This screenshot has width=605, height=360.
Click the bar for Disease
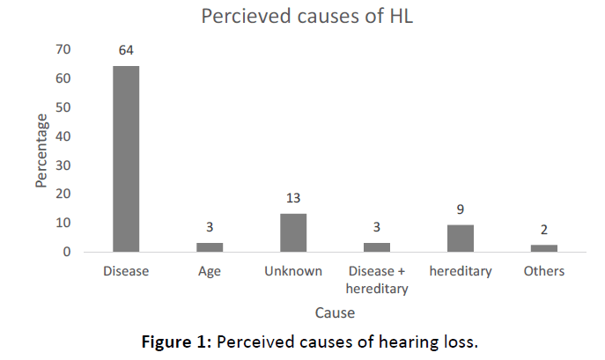(126, 158)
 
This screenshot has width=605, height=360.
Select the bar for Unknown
(293, 232)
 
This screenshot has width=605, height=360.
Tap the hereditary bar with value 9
(461, 239)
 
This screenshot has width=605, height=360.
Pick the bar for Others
(544, 248)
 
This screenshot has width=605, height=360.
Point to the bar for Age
(210, 247)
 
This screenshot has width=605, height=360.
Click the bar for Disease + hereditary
(377, 247)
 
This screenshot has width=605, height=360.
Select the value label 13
(293, 199)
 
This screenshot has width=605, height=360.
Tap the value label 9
(461, 210)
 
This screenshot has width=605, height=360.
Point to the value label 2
(544, 231)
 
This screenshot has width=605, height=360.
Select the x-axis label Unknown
(293, 271)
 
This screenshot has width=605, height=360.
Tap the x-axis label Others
(544, 271)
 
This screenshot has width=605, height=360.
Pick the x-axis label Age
(210, 271)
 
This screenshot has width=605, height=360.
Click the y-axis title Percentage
(41, 151)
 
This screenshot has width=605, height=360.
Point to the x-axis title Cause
(336, 312)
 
